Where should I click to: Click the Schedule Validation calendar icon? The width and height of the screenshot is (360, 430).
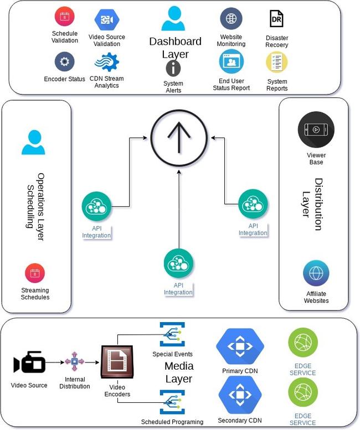[x=65, y=17]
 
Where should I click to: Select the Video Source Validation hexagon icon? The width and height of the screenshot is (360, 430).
[x=106, y=20]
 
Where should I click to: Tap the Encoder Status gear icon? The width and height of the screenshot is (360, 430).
[x=65, y=61]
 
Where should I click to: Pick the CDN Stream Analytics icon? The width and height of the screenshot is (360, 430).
[x=106, y=61]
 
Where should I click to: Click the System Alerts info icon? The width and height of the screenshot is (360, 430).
[x=173, y=69]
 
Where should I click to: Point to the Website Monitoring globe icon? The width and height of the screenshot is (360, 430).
[x=231, y=19]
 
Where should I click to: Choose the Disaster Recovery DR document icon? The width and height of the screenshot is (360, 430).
[x=276, y=19]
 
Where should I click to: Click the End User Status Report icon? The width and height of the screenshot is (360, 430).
[x=232, y=61]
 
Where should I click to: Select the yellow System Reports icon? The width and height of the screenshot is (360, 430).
[x=277, y=62]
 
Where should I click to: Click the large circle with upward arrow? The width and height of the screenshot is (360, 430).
[x=179, y=138]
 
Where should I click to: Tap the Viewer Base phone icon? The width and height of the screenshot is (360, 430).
[x=316, y=130]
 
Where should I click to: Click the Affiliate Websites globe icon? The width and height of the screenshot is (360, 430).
[x=316, y=274]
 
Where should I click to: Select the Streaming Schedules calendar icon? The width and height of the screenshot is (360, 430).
[x=35, y=273]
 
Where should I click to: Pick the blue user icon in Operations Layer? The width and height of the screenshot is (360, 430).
[x=33, y=142]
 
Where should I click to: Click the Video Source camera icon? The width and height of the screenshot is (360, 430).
[x=29, y=363]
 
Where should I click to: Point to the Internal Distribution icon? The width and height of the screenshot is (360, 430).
[x=74, y=362]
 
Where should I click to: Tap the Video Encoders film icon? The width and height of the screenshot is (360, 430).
[x=117, y=363]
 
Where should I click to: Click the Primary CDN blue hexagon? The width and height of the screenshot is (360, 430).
[x=240, y=345]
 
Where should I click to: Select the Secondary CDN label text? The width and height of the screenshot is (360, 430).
[x=240, y=421]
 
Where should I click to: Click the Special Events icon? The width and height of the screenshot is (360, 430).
[x=172, y=334]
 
